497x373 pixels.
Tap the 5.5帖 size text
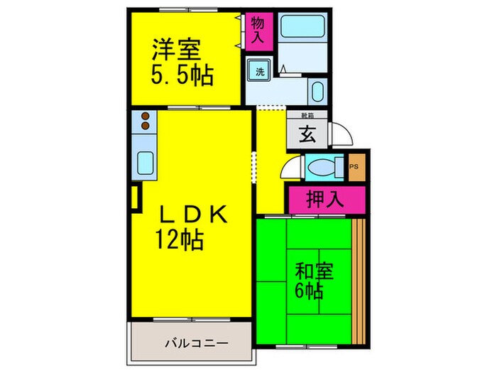point(182,75)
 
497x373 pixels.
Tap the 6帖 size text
point(310,291)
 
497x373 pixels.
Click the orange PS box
point(356,168)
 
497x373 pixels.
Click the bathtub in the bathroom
point(302,28)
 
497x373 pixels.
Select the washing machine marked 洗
point(258,72)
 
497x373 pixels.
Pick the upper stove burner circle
point(145,116)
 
